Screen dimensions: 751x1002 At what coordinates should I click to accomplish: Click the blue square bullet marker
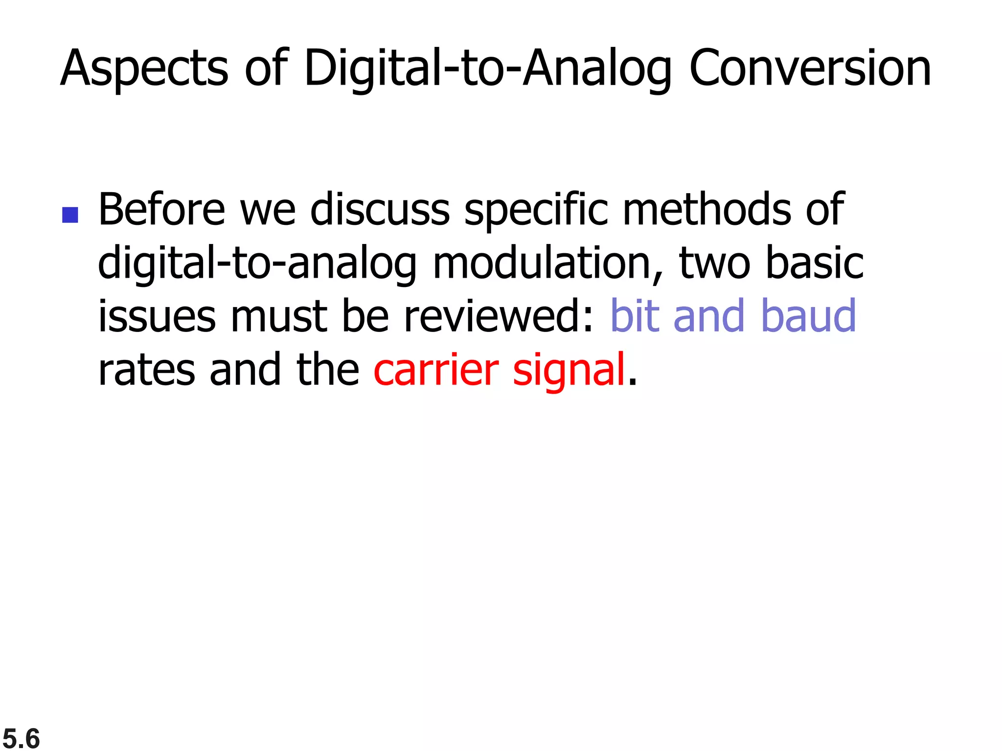[70, 215]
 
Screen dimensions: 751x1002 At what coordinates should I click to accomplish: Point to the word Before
[161, 210]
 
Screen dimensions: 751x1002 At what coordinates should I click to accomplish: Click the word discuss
[380, 210]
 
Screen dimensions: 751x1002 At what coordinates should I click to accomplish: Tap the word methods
[706, 210]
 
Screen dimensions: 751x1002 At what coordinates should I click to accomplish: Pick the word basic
[814, 264]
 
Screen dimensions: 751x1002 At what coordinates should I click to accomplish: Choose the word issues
[157, 317]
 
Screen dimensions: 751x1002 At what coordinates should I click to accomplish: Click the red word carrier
[436, 370]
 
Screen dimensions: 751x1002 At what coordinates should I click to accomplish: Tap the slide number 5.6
[21, 738]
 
